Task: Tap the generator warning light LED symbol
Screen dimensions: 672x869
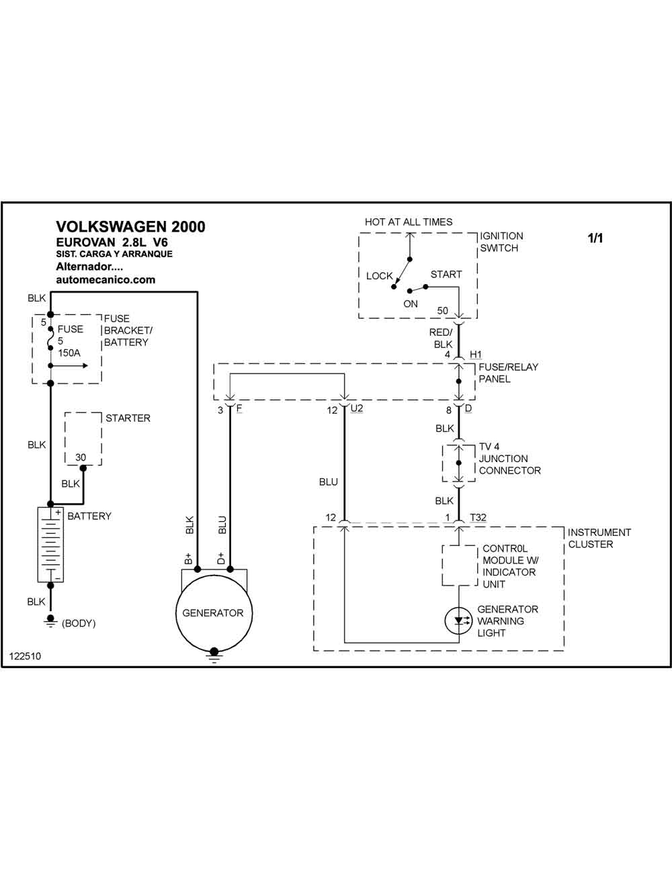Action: [459, 621]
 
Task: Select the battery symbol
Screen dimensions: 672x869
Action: [50, 544]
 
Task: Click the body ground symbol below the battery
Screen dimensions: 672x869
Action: [50, 621]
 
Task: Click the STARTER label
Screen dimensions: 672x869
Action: [128, 418]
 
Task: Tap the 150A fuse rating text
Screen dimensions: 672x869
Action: [69, 353]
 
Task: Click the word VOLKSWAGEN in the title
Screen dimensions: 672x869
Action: [111, 227]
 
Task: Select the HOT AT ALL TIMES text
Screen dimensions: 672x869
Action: [409, 222]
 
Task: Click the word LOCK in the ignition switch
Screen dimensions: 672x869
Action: [380, 276]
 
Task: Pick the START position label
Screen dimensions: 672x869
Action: [446, 275]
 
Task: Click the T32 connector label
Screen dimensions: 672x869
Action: [478, 517]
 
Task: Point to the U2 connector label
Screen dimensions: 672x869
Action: [356, 408]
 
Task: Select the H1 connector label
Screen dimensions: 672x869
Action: [476, 355]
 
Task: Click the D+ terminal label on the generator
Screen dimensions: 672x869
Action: [221, 559]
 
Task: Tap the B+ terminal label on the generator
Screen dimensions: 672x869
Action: [188, 559]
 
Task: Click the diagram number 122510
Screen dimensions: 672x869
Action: [25, 656]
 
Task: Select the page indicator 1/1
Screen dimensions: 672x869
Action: [595, 238]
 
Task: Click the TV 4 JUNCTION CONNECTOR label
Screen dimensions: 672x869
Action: [509, 459]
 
